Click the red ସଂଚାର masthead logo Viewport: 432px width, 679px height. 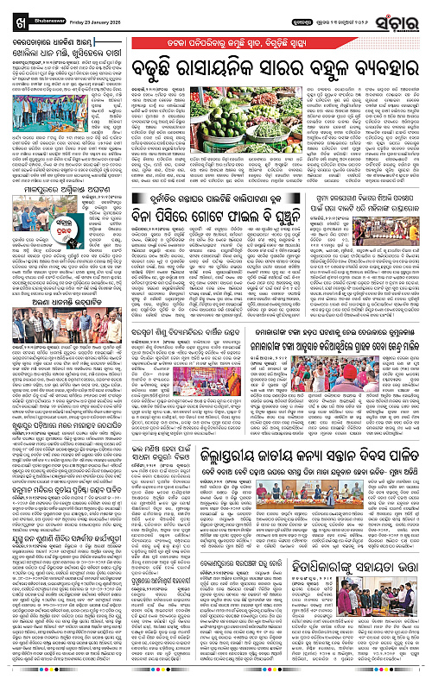397,16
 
